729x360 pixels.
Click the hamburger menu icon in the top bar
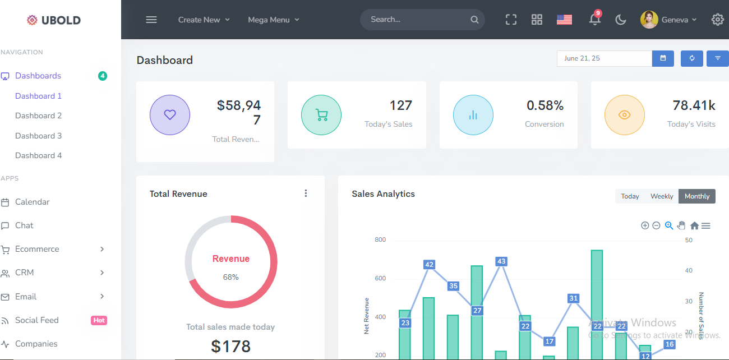[x=151, y=20]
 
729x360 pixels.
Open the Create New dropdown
[x=204, y=20]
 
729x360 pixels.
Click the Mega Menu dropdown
[x=274, y=20]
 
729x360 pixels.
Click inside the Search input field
[x=415, y=20]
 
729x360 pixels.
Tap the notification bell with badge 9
[x=595, y=19]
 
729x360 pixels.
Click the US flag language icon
[x=564, y=20]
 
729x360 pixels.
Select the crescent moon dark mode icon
[x=621, y=20]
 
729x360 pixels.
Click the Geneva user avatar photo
[x=649, y=20]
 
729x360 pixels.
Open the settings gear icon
[x=717, y=20]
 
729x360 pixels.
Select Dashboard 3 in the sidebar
[x=39, y=136]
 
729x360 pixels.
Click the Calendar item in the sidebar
[x=33, y=202]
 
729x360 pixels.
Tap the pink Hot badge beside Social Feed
[x=99, y=320]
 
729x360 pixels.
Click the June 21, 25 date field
[x=604, y=58]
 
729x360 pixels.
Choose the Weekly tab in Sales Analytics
[x=662, y=196]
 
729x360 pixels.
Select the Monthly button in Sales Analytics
[x=697, y=196]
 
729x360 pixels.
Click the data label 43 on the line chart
[x=501, y=261]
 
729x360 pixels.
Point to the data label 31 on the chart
[x=573, y=298]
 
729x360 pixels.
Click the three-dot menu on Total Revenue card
[x=306, y=193]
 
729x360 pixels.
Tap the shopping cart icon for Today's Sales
[x=321, y=115]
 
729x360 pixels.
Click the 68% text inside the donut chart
[x=230, y=277]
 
